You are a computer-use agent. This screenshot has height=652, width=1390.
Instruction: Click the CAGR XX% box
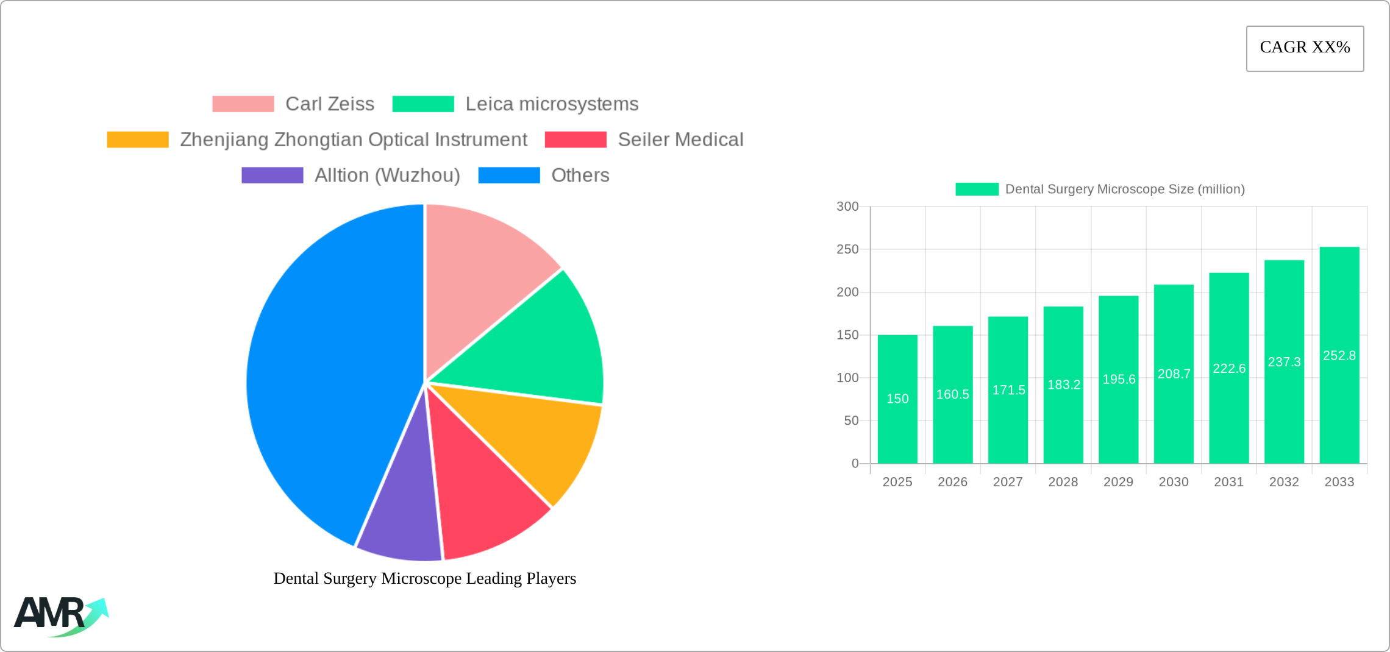[x=1305, y=48]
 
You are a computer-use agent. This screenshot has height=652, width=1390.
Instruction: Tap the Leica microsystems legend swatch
[x=423, y=104]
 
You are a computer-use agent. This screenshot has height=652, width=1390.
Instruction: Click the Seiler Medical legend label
[x=680, y=140]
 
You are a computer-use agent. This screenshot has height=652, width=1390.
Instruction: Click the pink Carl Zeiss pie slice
[x=482, y=274]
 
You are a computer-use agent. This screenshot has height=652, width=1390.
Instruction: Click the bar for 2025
[x=897, y=399]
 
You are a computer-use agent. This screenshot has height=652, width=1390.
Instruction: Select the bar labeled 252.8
[x=1339, y=355]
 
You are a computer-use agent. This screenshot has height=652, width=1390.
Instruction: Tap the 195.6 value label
[x=1119, y=380]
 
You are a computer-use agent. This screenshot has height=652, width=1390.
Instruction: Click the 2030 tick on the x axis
[x=1174, y=482]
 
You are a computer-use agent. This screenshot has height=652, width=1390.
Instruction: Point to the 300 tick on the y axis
[x=847, y=207]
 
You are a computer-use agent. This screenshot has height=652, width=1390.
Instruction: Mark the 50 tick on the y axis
[x=851, y=420]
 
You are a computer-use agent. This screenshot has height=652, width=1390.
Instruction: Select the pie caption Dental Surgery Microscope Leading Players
[x=424, y=578]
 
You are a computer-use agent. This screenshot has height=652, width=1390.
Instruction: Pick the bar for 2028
[x=1063, y=385]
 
